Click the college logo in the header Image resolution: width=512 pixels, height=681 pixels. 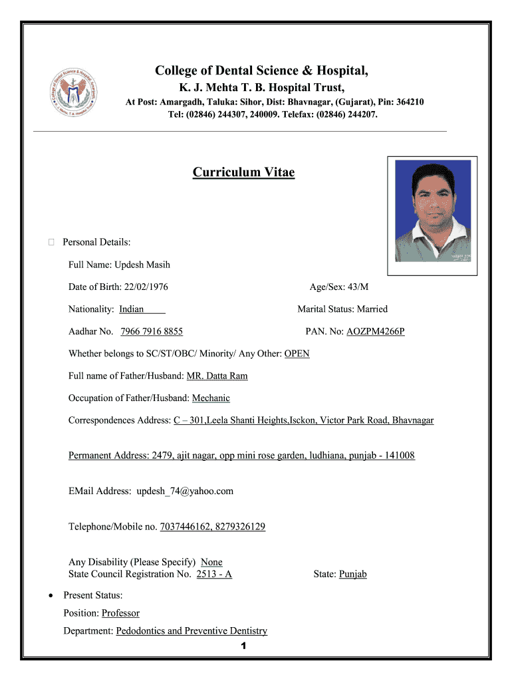[74, 92]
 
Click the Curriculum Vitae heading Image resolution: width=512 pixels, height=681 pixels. [243, 173]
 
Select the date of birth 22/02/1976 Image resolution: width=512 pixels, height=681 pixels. [145, 287]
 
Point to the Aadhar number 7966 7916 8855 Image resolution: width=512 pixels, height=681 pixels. [152, 331]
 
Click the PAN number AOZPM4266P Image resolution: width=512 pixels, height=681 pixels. [375, 331]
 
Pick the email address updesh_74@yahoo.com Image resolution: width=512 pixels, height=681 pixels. [185, 491]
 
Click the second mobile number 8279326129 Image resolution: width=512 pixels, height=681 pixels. [239, 527]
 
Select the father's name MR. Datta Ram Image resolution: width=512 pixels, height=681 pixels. [217, 376]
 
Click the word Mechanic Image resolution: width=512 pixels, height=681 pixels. [211, 398]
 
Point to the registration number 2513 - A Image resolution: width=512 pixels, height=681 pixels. [214, 574]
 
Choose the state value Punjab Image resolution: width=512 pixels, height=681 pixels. [352, 574]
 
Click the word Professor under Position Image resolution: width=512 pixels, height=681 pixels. [120, 613]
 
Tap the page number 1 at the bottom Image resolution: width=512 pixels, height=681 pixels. [244, 646]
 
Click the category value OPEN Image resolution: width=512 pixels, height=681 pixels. [297, 354]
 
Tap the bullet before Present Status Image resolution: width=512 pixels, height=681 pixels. [52, 595]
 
